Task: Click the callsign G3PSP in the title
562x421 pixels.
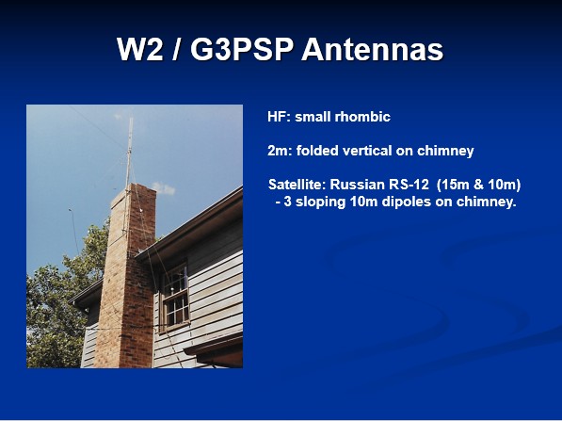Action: tap(242, 49)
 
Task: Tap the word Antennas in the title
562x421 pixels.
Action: tap(373, 49)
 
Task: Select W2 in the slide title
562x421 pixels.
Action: tap(139, 49)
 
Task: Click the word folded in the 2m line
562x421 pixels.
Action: tap(317, 151)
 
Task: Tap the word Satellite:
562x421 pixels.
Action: tap(297, 185)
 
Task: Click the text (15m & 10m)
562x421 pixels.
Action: tap(479, 185)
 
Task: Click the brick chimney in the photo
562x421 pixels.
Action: tap(126, 275)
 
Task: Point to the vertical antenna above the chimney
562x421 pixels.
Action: tap(129, 151)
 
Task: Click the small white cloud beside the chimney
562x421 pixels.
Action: tap(164, 188)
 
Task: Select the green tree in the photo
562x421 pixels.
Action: tap(61, 301)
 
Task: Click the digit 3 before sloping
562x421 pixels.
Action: tap(287, 202)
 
